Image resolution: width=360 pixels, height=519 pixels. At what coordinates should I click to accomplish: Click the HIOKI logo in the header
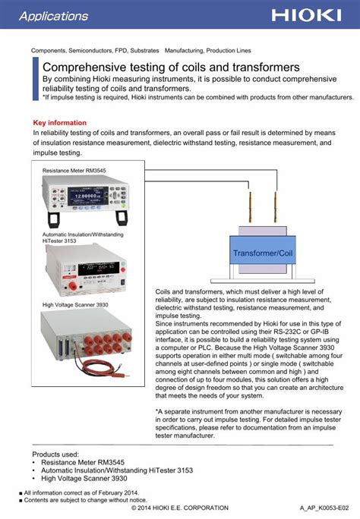coord(306,15)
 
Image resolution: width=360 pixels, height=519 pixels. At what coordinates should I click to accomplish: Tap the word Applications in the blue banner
coord(54,16)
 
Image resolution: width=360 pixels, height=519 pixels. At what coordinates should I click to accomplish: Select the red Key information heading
coord(59,123)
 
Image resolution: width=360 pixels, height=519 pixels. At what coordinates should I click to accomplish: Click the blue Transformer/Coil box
coord(263,250)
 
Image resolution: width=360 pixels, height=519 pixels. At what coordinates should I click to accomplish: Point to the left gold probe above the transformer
coord(250,206)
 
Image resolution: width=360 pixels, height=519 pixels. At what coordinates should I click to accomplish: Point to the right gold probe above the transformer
coord(276,206)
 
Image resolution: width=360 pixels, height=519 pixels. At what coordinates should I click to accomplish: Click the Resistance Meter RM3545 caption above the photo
coord(74,171)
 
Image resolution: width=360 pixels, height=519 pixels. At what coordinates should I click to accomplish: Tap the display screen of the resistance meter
coord(88,196)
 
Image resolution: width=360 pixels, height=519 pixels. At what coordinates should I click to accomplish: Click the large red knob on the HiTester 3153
coord(72,286)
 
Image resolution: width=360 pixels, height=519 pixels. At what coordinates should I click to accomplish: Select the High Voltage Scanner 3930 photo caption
coord(75,305)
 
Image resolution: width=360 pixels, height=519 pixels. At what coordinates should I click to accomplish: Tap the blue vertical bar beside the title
coord(36,79)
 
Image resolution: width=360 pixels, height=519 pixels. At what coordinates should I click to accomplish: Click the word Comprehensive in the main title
coord(84,68)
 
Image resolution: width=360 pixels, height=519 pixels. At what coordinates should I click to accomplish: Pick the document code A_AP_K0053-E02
coord(324,508)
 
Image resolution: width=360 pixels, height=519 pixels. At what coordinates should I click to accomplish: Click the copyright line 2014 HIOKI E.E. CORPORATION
coord(180,508)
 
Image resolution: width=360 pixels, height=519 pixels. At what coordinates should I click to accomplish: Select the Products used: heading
coord(55,454)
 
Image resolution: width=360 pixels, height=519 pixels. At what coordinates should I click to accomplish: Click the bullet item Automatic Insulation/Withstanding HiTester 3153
coord(117,470)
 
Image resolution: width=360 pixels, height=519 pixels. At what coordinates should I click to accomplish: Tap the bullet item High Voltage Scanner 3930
coord(84,478)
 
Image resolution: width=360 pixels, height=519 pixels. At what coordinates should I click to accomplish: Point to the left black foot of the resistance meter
coord(54,219)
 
